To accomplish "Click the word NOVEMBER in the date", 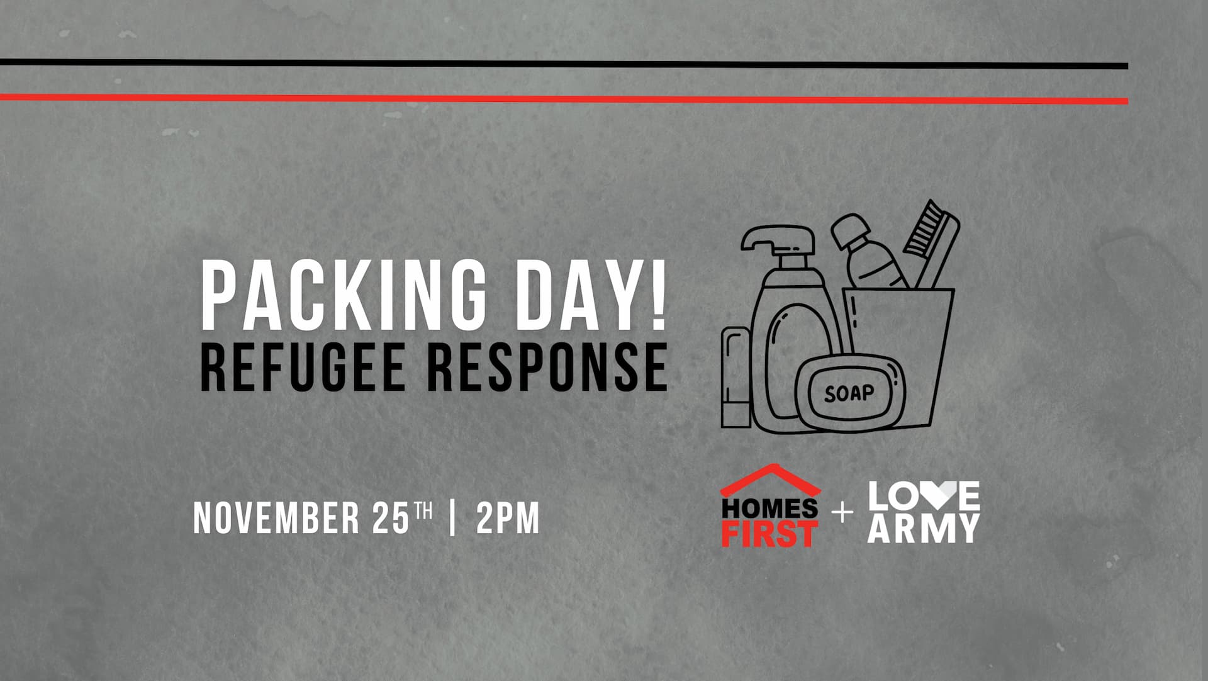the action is pos(276,518).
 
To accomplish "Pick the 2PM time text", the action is pos(508,518).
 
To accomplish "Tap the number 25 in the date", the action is pos(391,518).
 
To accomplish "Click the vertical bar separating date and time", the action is pos(453,518).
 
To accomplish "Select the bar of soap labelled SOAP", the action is pos(850,394).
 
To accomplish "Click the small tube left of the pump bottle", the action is pos(736,377).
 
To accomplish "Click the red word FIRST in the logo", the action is pos(769,533).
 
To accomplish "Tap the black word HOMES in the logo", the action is pos(769,508).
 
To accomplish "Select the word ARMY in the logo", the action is pos(924,529).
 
